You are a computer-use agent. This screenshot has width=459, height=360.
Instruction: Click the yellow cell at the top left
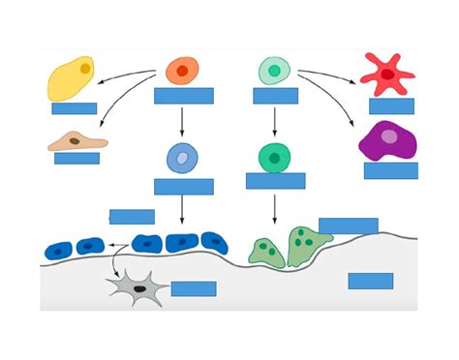tap(71, 79)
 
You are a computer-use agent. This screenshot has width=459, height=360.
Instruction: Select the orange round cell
tap(182, 71)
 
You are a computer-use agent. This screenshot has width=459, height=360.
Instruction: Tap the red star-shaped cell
tap(386, 74)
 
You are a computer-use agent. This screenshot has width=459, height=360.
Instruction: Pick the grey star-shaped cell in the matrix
tap(137, 287)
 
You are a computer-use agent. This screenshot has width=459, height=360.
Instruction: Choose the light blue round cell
tap(182, 158)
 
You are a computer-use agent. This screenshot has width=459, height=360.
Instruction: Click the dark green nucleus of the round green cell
tap(275, 157)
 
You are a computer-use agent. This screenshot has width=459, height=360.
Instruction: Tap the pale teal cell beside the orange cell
tap(274, 71)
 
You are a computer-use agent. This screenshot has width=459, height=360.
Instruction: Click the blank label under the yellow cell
tap(75, 108)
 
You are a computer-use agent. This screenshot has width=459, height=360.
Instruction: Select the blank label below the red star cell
tap(391, 106)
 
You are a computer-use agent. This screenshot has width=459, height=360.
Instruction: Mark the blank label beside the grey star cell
tap(194, 288)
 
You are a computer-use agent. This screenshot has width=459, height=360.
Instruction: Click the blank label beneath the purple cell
tap(391, 170)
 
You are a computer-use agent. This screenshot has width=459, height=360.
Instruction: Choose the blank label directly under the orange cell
tap(184, 96)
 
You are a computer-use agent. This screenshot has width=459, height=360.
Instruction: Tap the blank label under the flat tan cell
tap(77, 159)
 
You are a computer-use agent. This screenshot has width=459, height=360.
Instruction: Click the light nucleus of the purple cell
tap(388, 136)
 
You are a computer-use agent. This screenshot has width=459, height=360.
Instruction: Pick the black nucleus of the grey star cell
tap(140, 287)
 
